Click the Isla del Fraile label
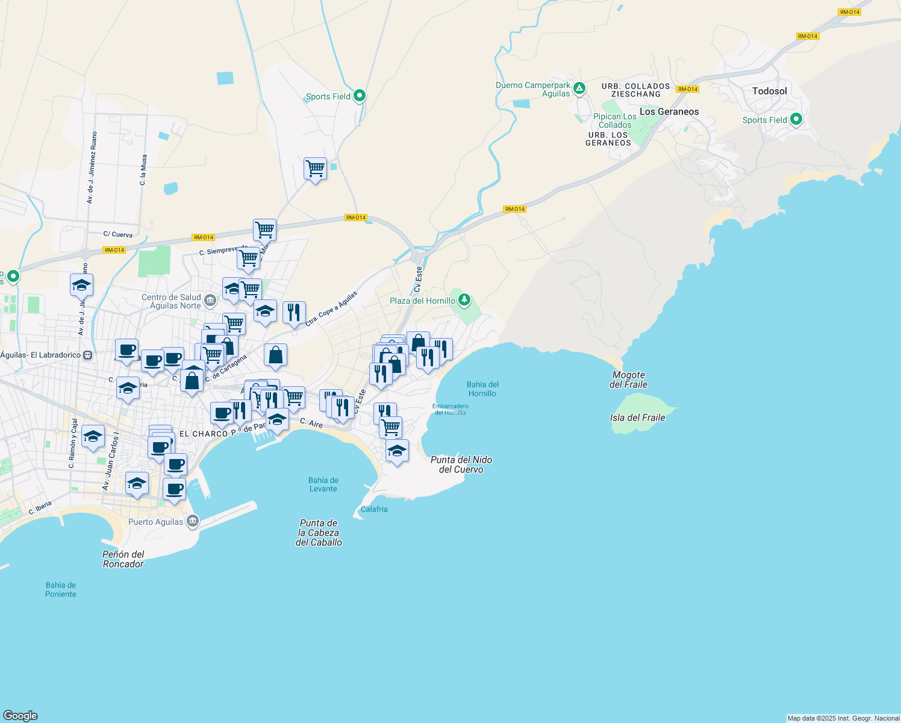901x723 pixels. click(637, 418)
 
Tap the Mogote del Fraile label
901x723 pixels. click(628, 380)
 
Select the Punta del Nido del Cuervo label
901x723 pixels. click(461, 465)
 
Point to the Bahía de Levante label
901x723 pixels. click(323, 484)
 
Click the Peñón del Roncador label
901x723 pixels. click(123, 559)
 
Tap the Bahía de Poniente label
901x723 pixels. click(61, 589)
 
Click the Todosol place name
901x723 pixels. click(769, 91)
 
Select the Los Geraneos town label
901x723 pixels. click(669, 111)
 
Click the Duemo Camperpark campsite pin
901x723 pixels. click(579, 89)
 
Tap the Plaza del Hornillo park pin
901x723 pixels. click(464, 299)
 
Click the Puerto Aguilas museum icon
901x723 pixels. click(192, 521)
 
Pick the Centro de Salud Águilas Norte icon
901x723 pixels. click(210, 299)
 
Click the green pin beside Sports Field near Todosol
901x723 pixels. click(796, 119)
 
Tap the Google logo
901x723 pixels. click(20, 715)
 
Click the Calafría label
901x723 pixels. click(374, 509)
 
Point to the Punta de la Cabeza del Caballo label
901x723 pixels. click(319, 533)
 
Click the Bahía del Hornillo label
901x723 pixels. click(482, 389)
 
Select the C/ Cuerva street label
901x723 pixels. click(117, 234)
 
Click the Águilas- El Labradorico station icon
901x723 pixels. click(88, 355)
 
